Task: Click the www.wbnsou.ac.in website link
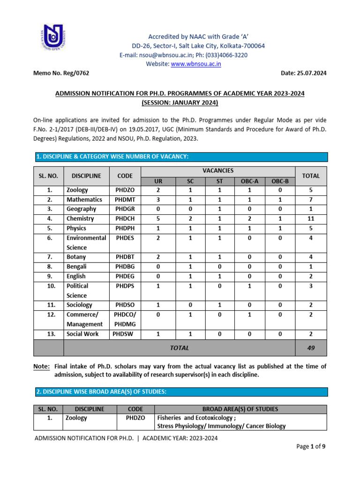coord(196,64)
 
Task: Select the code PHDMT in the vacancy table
coord(124,200)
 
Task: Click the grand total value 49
coord(311,348)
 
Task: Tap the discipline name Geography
coord(81,209)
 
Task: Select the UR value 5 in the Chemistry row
coord(158,219)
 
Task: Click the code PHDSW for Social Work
coord(123,334)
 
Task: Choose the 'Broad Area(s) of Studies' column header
coord(240,409)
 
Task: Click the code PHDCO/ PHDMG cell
coord(124,319)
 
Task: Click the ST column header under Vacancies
coord(219,181)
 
